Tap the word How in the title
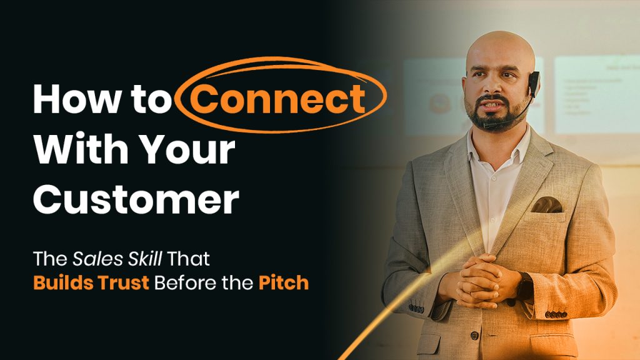pyautogui.click(x=74, y=99)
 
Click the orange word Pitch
pyautogui.click(x=283, y=282)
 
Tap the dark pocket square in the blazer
pyautogui.click(x=547, y=204)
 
